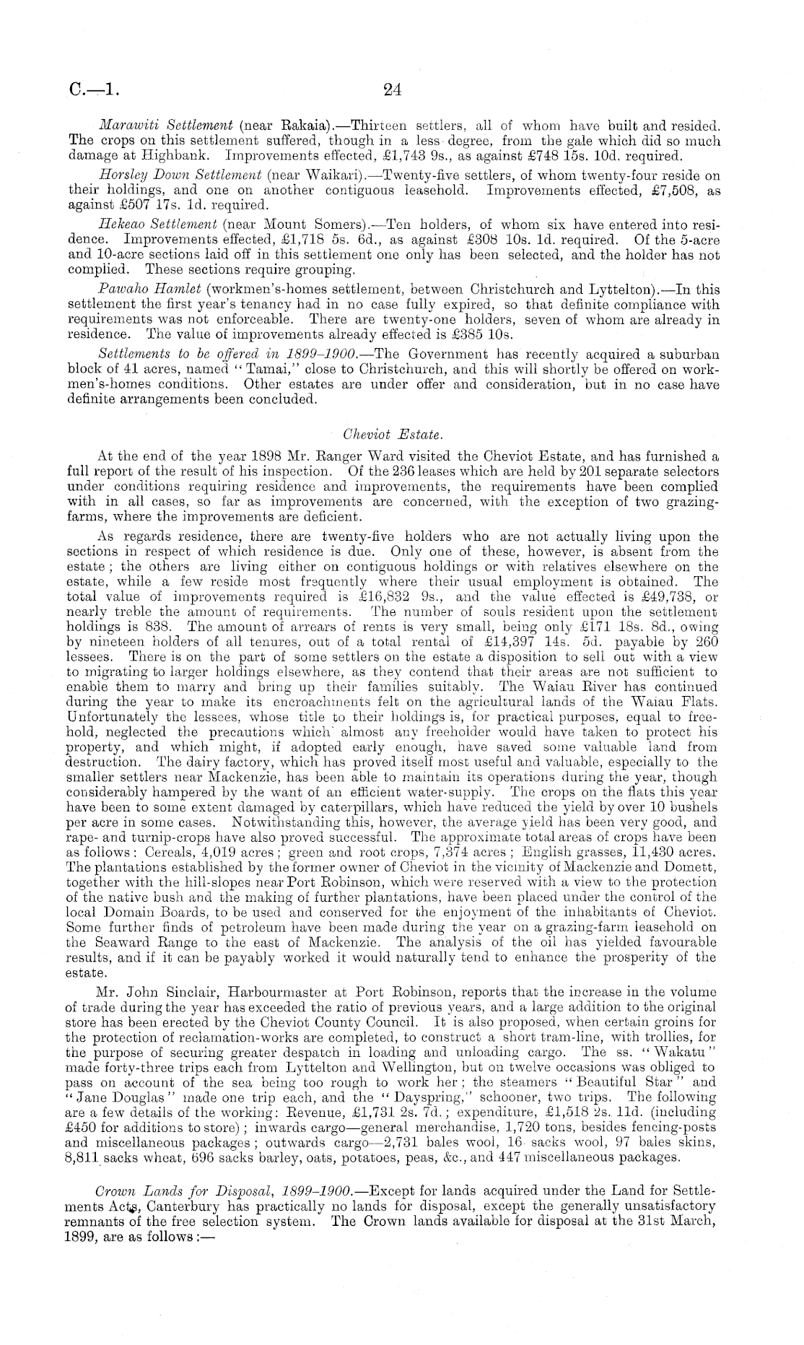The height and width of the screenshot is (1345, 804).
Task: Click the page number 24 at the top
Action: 392,90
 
